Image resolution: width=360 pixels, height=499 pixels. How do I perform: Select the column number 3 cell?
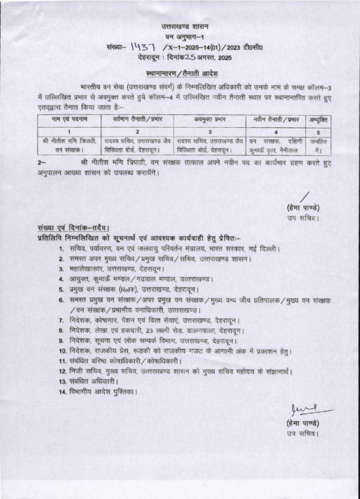pos(210,132)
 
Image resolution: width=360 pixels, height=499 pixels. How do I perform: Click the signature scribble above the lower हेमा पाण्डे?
pos(309,409)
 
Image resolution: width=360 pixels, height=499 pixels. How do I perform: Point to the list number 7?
pos(62,320)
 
